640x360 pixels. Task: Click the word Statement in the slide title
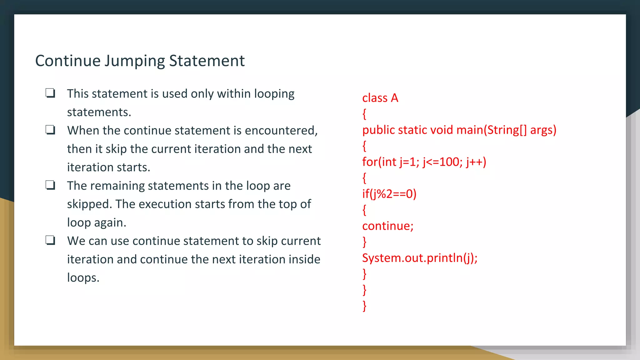[207, 61]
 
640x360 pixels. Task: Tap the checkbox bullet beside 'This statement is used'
[50, 93]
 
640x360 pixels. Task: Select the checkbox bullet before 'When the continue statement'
[50, 130]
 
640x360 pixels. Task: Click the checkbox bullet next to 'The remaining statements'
[50, 185]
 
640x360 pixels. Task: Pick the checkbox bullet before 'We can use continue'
[50, 240]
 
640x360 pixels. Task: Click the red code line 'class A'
[380, 98]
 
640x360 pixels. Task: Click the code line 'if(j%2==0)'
[389, 194]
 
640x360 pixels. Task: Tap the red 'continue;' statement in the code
[387, 226]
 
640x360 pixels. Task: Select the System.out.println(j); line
[419, 258]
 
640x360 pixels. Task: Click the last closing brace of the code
[364, 306]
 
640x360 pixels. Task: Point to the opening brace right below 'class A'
[364, 114]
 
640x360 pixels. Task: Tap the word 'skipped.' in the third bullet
[89, 204]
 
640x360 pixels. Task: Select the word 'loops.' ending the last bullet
[83, 278]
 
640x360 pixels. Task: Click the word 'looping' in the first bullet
[274, 94]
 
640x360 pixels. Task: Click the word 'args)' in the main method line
[543, 130]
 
